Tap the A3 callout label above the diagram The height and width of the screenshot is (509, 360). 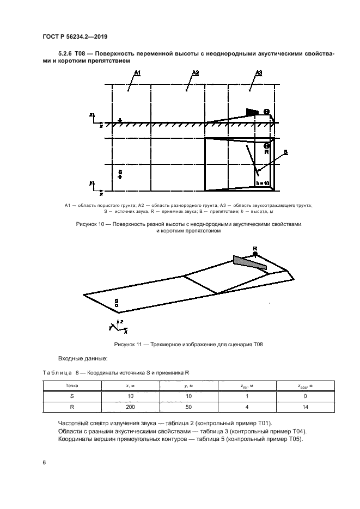259,72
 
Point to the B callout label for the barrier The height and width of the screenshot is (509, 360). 285,153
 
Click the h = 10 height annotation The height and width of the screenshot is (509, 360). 263,184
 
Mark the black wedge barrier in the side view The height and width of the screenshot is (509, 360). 252,112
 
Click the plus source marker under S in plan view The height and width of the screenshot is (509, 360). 120,177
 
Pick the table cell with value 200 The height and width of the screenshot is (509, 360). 129,406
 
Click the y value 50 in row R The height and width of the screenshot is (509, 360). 187,406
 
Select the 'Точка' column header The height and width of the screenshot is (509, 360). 72,385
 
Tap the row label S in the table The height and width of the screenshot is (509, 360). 72,396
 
